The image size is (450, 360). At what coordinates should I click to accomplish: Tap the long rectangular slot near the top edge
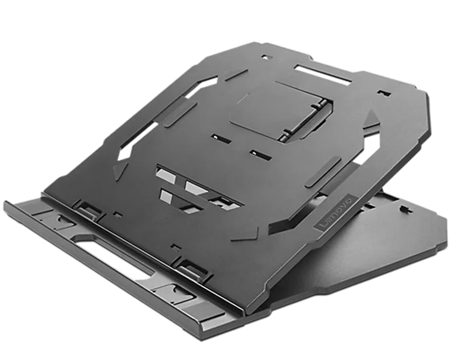(323, 74)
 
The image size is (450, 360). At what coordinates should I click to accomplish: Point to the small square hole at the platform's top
(267, 57)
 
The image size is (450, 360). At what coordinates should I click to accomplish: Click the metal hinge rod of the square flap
(305, 120)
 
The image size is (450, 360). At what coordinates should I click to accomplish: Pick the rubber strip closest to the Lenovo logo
(323, 172)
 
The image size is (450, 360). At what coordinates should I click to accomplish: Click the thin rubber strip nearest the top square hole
(236, 75)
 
